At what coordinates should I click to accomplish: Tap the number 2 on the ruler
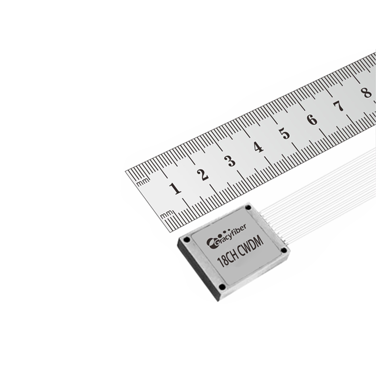(x=203, y=174)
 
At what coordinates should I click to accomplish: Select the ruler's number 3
(x=230, y=161)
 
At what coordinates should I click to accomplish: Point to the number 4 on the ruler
(x=258, y=147)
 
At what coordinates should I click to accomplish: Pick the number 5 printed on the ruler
(x=285, y=134)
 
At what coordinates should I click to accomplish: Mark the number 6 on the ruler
(x=312, y=120)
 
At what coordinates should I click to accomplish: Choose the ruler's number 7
(x=339, y=106)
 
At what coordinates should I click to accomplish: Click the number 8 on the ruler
(x=366, y=93)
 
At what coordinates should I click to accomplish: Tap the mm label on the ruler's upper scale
(x=144, y=182)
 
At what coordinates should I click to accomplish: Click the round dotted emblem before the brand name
(x=210, y=244)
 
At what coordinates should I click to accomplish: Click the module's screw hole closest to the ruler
(x=248, y=207)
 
